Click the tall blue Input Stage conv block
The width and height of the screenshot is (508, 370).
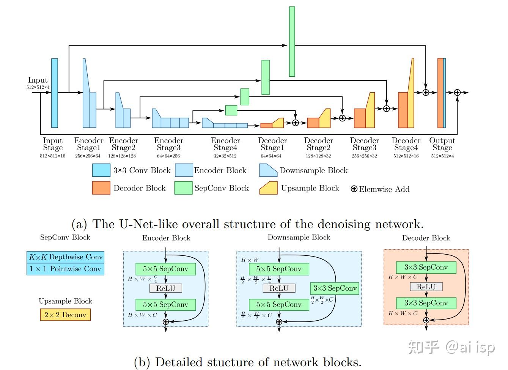click(55, 93)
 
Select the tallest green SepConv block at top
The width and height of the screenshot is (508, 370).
click(292, 41)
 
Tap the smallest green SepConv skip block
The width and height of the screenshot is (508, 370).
click(231, 110)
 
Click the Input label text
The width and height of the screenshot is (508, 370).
click(38, 80)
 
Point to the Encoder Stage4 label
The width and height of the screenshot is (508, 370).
click(225, 144)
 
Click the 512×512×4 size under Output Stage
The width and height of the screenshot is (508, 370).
click(442, 156)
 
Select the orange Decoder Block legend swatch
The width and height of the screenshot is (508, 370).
click(101, 188)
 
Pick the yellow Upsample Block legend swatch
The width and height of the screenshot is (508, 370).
click(269, 188)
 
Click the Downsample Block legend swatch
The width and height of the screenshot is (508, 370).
click(269, 170)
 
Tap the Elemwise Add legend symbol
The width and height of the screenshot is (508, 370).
click(354, 189)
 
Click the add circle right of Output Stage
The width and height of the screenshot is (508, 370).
click(458, 93)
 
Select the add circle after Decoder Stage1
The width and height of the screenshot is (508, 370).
click(295, 123)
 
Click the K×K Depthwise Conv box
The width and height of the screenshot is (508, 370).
click(66, 257)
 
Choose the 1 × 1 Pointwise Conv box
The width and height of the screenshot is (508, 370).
click(66, 269)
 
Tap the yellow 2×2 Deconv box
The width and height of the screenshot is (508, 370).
click(65, 315)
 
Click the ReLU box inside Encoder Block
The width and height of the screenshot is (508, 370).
click(166, 288)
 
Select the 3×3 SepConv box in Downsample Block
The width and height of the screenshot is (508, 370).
click(335, 288)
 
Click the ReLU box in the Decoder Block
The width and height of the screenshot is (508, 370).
click(426, 287)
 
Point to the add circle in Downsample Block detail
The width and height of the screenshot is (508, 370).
click(279, 322)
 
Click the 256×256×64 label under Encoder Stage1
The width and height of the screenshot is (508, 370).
click(88, 156)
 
